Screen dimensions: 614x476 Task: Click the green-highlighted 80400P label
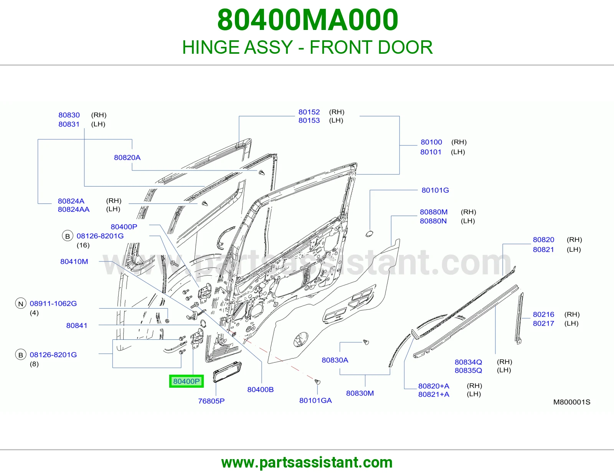186,381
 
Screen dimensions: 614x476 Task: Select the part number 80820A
127,157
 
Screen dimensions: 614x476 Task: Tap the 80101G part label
435,190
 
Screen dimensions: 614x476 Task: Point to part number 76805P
211,401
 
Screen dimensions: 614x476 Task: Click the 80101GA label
315,400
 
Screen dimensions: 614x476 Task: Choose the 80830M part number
360,393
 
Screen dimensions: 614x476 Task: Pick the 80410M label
74,261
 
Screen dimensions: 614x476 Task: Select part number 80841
77,326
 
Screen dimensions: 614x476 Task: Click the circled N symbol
21,304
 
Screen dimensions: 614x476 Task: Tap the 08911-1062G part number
53,303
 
